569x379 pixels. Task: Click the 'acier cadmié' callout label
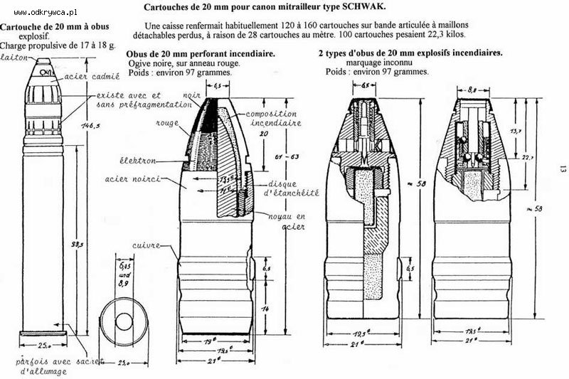click(90, 76)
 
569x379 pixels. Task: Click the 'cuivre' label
click(145, 245)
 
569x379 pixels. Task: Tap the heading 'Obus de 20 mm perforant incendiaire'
click(201, 54)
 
